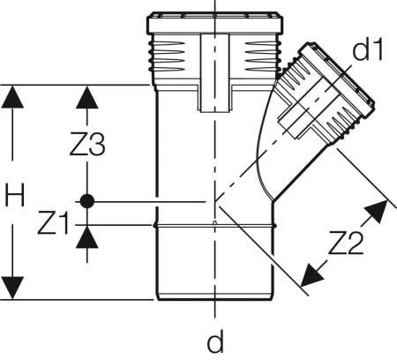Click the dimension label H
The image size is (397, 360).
tap(15, 194)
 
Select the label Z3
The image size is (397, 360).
tap(87, 144)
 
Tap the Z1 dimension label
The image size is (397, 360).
tap(53, 223)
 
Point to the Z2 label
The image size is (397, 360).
tap(346, 243)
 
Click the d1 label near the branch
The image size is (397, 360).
tap(368, 49)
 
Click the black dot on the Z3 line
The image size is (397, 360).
tap(87, 201)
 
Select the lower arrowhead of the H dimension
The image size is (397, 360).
tap(12, 288)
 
